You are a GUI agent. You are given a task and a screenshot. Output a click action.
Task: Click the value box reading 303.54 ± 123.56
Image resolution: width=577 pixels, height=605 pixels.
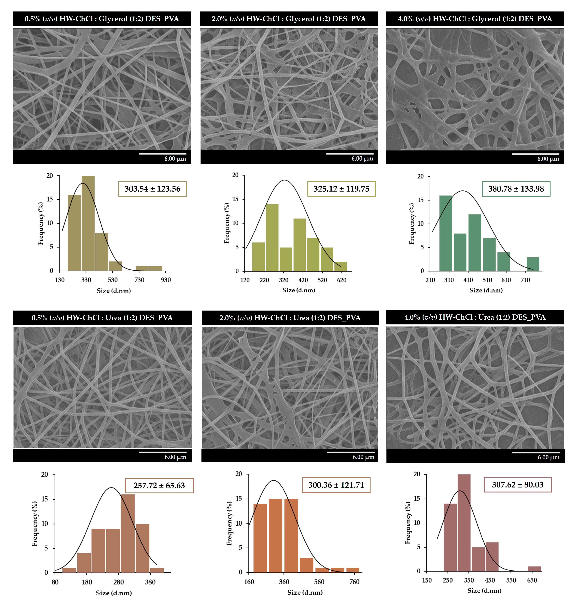coord(152,189)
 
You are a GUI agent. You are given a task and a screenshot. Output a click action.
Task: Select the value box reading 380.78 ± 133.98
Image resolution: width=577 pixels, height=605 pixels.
coord(516,189)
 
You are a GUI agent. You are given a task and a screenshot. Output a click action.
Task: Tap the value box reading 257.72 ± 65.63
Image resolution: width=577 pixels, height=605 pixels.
coord(159,485)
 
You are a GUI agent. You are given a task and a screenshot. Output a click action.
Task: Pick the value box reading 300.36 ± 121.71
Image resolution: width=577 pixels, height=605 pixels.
coord(336,485)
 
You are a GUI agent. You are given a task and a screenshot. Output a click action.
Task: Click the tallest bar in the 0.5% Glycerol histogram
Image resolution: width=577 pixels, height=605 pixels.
coord(88,223)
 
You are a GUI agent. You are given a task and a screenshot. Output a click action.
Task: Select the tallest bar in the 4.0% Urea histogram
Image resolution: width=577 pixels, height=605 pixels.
coord(464,523)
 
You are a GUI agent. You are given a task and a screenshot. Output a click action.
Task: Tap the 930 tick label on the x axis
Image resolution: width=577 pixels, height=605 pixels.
coord(166,280)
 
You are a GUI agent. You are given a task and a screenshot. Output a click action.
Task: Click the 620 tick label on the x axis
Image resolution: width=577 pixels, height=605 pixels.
coord(341,280)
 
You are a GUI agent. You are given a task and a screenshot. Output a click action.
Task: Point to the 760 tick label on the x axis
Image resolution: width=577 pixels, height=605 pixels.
coord(354,582)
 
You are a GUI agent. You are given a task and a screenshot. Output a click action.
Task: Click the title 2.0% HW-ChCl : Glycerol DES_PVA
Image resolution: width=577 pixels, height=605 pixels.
coord(288,19)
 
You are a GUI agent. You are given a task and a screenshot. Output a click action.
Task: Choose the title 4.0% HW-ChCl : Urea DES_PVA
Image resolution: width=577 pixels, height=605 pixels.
coord(475,317)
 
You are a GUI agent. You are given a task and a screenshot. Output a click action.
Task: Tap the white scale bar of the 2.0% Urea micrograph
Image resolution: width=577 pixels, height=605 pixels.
coord(351,452)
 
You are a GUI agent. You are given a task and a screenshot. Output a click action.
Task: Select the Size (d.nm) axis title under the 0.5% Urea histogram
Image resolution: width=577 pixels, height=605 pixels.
coord(114,593)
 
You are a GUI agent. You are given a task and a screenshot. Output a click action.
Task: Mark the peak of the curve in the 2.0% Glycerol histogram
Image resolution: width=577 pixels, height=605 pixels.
coord(285,180)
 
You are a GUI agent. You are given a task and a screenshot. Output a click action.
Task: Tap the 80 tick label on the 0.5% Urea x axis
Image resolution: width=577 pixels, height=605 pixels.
coord(55,582)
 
